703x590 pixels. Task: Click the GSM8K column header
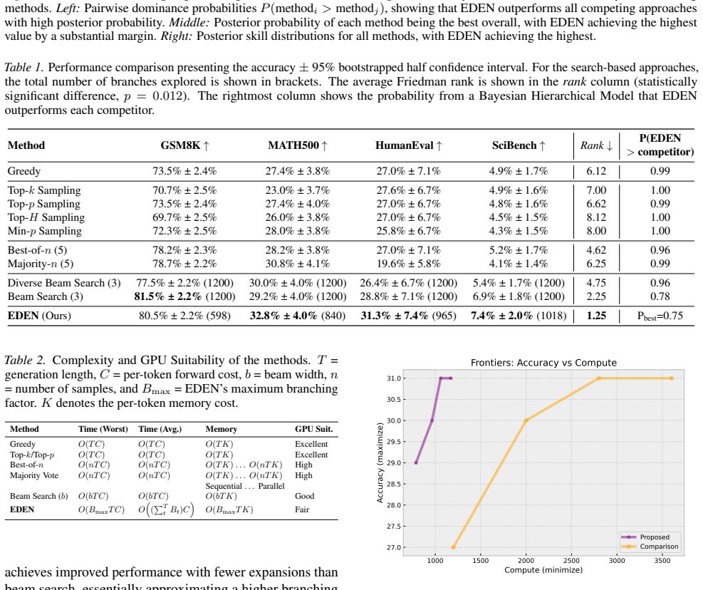click(x=184, y=145)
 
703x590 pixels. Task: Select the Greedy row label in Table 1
click(x=24, y=171)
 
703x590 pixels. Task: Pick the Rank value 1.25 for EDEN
click(x=596, y=316)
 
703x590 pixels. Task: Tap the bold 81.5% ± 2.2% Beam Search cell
click(x=167, y=296)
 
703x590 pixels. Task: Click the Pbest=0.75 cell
click(x=660, y=316)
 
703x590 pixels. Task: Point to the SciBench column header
click(x=519, y=145)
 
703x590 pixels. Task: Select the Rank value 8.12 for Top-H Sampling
click(x=596, y=217)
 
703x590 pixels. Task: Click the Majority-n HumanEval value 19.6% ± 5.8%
click(x=408, y=264)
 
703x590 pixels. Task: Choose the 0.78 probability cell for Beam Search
click(x=660, y=296)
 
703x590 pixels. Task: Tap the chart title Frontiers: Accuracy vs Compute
click(x=543, y=363)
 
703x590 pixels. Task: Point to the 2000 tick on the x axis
click(x=526, y=560)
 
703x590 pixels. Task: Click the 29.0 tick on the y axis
click(x=394, y=462)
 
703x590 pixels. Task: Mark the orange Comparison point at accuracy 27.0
click(x=454, y=547)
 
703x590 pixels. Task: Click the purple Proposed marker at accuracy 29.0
click(x=416, y=462)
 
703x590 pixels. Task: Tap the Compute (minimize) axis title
click(x=543, y=570)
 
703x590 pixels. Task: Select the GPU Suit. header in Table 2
click(x=314, y=429)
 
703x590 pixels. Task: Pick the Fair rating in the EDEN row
click(x=302, y=509)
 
